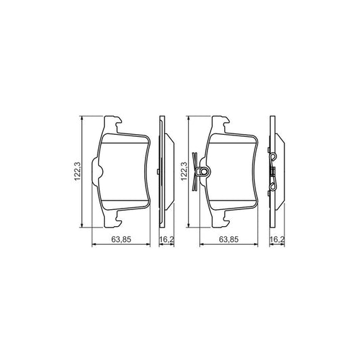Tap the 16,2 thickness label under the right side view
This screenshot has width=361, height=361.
(x=276, y=240)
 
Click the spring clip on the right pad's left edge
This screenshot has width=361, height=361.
(x=200, y=170)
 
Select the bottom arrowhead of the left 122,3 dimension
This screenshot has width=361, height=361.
(x=83, y=225)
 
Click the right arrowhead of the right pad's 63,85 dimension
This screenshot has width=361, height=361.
(x=262, y=246)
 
